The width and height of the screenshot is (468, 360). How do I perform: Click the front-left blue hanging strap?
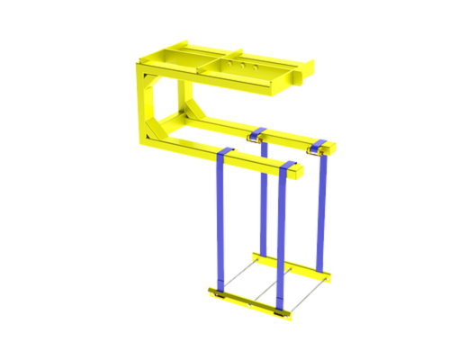pyautogui.click(x=220, y=225)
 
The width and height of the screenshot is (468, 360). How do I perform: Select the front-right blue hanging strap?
pyautogui.click(x=283, y=238)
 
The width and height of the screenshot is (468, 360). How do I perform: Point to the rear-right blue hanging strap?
pyautogui.click(x=321, y=211)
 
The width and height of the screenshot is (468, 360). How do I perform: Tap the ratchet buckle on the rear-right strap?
pyautogui.click(x=314, y=155)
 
